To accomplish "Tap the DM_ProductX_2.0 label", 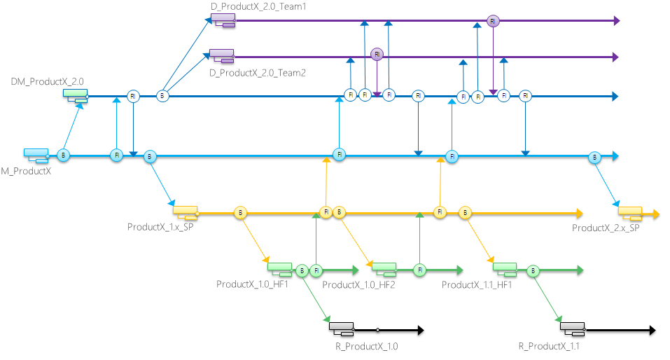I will tap(47, 82).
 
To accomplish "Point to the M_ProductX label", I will tap(25, 171).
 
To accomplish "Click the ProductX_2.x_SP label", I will tap(606, 228).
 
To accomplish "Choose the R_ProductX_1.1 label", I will tap(548, 347).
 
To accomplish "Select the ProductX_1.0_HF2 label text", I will tap(359, 285).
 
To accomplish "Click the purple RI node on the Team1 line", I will tap(493, 21).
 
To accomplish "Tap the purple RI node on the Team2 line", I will tap(377, 54).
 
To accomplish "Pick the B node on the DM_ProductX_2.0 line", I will tap(162, 96).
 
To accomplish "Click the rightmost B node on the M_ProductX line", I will tap(594, 156).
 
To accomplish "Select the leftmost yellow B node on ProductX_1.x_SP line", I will tap(240, 212).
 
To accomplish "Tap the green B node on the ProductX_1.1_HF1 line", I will tap(533, 270).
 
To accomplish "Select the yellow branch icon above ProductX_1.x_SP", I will tap(186, 210).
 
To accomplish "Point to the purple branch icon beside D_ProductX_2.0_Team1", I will tap(223, 21).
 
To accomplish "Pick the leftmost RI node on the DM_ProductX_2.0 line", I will tap(133, 96).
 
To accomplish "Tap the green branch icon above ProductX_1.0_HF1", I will tap(279, 268).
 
